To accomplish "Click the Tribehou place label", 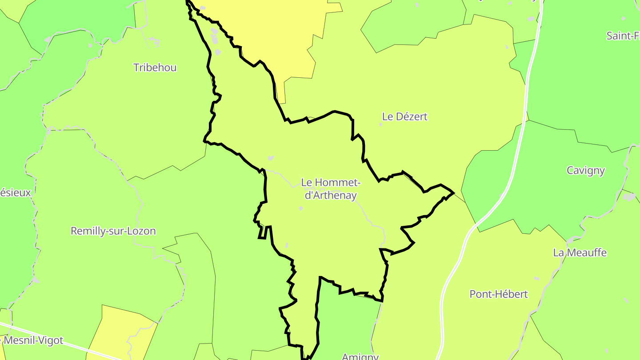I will click(155, 68).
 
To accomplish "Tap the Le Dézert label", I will click(404, 116).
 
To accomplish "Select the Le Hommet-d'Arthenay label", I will click(331, 188).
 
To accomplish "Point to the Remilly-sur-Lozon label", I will click(113, 231).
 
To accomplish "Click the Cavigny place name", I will click(586, 170).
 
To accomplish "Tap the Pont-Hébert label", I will click(499, 294).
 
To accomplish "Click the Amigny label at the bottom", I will click(360, 356).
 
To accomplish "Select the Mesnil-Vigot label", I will click(33, 341).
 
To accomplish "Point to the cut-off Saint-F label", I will click(623, 36).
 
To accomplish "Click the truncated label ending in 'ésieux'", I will click(16, 193).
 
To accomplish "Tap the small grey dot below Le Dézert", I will click(380, 124).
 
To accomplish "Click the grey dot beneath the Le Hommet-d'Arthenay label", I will click(301, 208).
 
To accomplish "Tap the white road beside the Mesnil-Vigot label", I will click(76, 347).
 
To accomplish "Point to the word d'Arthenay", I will click(331, 195).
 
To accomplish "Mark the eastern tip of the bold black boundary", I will click(453, 193).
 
